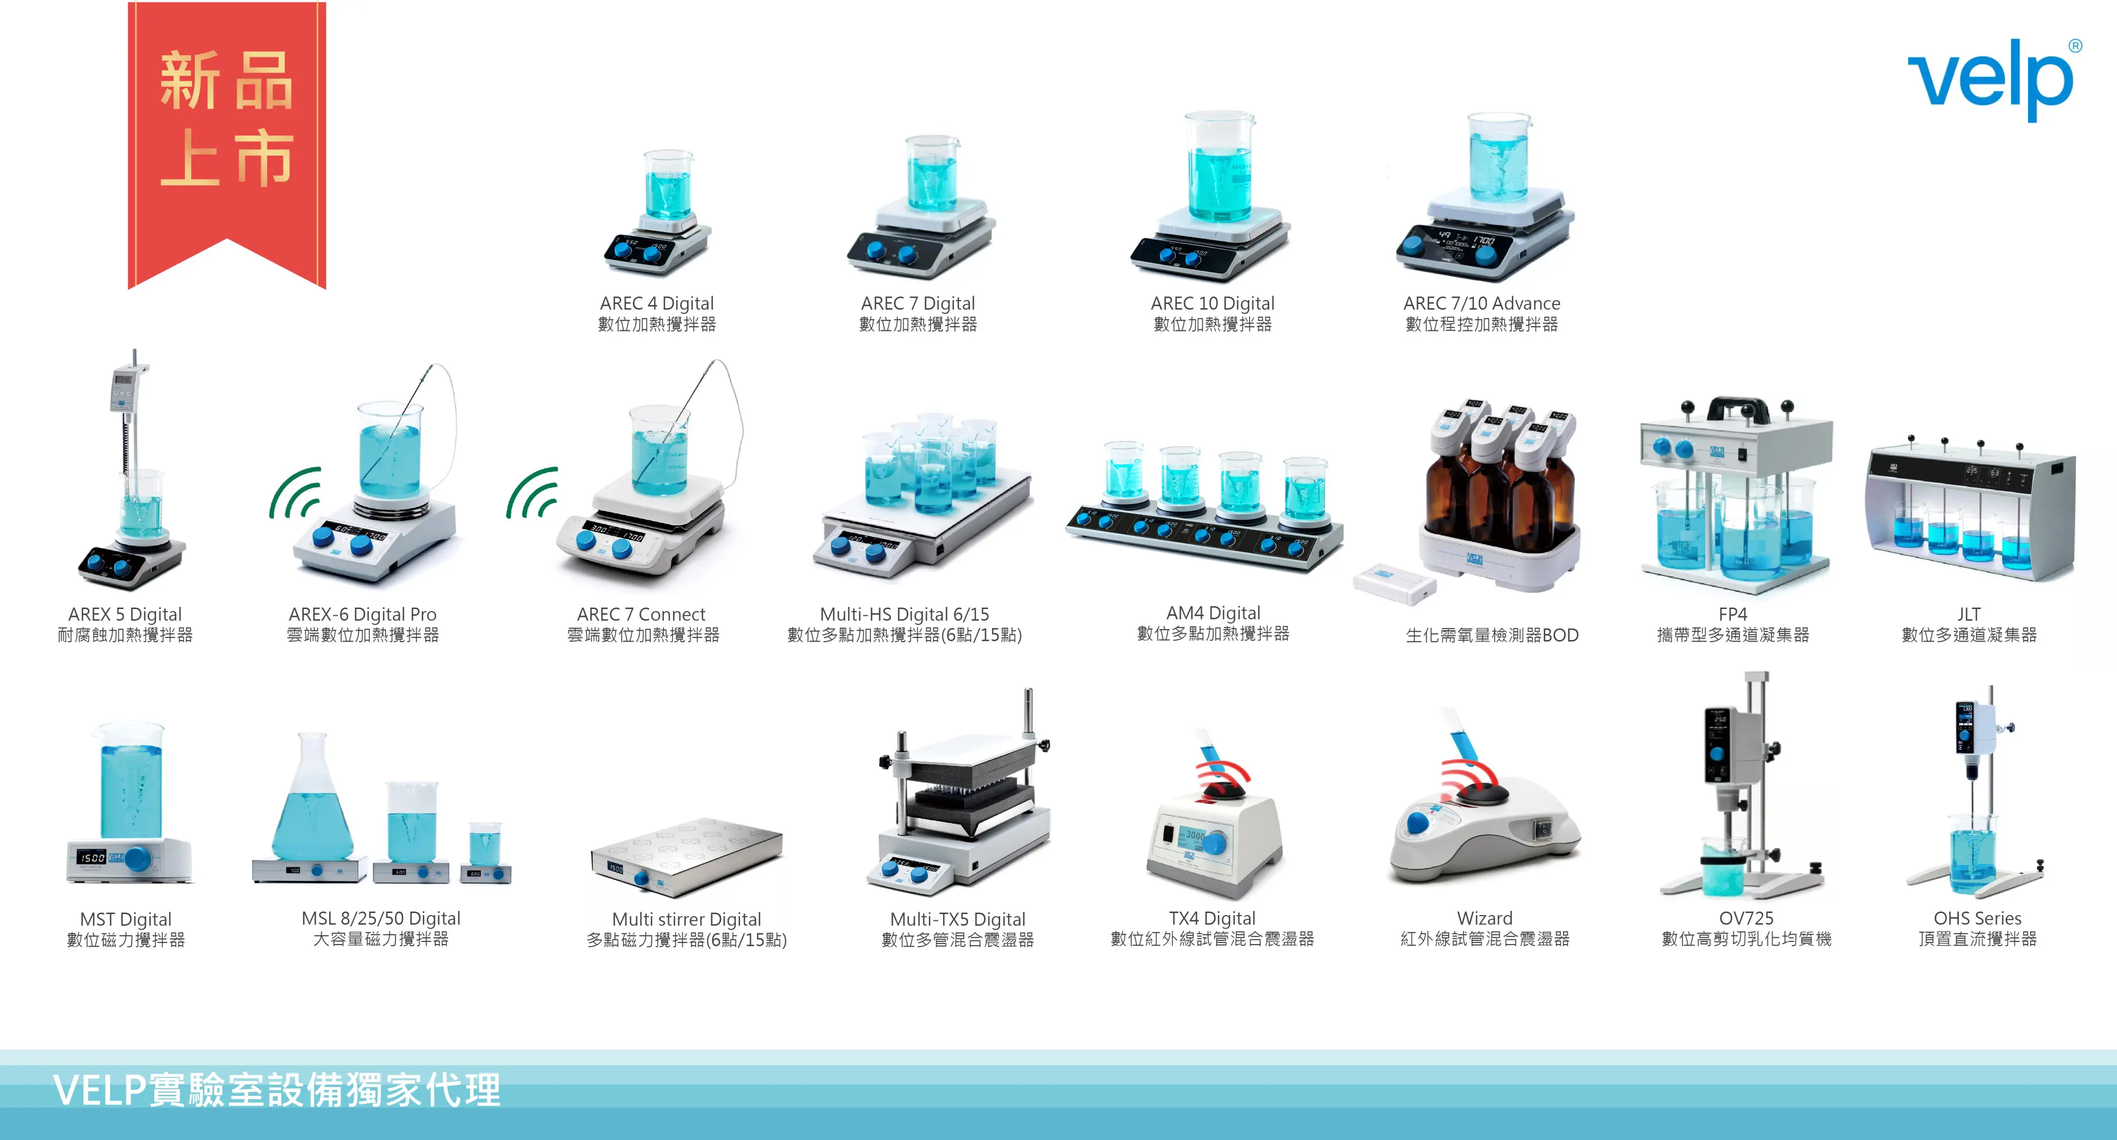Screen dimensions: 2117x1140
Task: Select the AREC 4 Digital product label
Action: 656,303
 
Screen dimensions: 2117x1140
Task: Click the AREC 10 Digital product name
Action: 1212,303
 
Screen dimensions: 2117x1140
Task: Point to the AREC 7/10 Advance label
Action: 1482,303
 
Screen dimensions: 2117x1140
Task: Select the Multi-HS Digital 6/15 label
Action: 904,614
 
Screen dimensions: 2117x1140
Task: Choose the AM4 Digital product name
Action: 1213,612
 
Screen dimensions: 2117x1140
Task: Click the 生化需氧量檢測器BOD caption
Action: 1492,634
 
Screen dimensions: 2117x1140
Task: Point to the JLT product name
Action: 1968,614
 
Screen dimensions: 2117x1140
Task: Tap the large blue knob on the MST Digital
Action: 138,858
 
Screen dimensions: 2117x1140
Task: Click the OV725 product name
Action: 1746,918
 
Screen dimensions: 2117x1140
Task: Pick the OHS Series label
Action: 1977,918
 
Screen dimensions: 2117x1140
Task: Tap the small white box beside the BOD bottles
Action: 1394,583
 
